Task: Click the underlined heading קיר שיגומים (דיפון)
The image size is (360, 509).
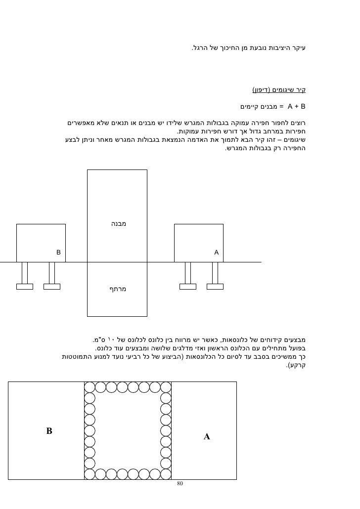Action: [x=279, y=90]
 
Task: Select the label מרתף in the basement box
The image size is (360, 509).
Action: [x=118, y=288]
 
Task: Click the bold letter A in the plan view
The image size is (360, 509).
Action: [x=207, y=437]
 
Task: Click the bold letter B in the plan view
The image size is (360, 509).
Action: [x=49, y=431]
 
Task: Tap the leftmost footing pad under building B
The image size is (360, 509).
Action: [x=25, y=286]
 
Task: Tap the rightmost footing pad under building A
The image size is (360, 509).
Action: [x=215, y=286]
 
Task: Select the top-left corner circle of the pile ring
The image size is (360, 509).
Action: [x=90, y=387]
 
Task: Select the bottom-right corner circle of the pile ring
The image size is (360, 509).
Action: [x=166, y=474]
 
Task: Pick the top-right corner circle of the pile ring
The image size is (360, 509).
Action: [x=166, y=387]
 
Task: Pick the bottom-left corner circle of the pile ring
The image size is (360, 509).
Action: [x=90, y=474]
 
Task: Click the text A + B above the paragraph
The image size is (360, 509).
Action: [x=297, y=106]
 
